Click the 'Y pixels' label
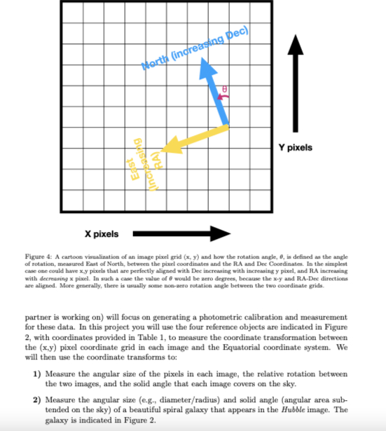[295, 148]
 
